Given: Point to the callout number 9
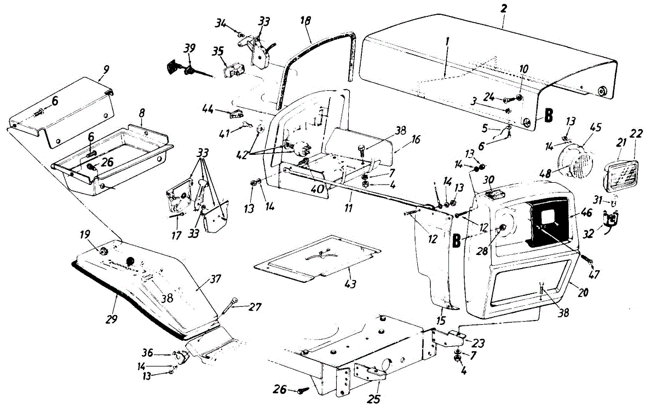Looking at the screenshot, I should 105,69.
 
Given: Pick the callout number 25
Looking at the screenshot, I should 374,399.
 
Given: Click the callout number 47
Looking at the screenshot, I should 593,274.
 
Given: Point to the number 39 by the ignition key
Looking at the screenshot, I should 189,49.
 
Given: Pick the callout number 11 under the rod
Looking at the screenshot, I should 348,208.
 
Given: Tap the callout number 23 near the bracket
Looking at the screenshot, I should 478,345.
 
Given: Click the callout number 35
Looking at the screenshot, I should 217,52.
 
